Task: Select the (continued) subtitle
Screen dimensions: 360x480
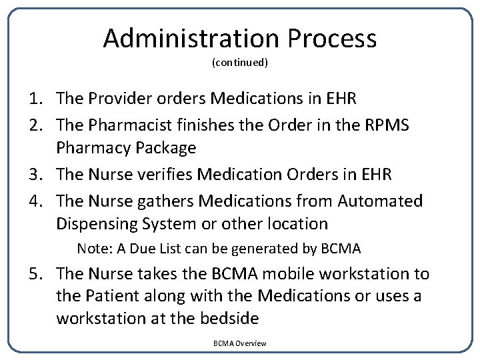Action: (240, 63)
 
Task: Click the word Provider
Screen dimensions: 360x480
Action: (116, 99)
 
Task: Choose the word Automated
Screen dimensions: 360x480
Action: (380, 200)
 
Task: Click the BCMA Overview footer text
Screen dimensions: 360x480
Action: (240, 343)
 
